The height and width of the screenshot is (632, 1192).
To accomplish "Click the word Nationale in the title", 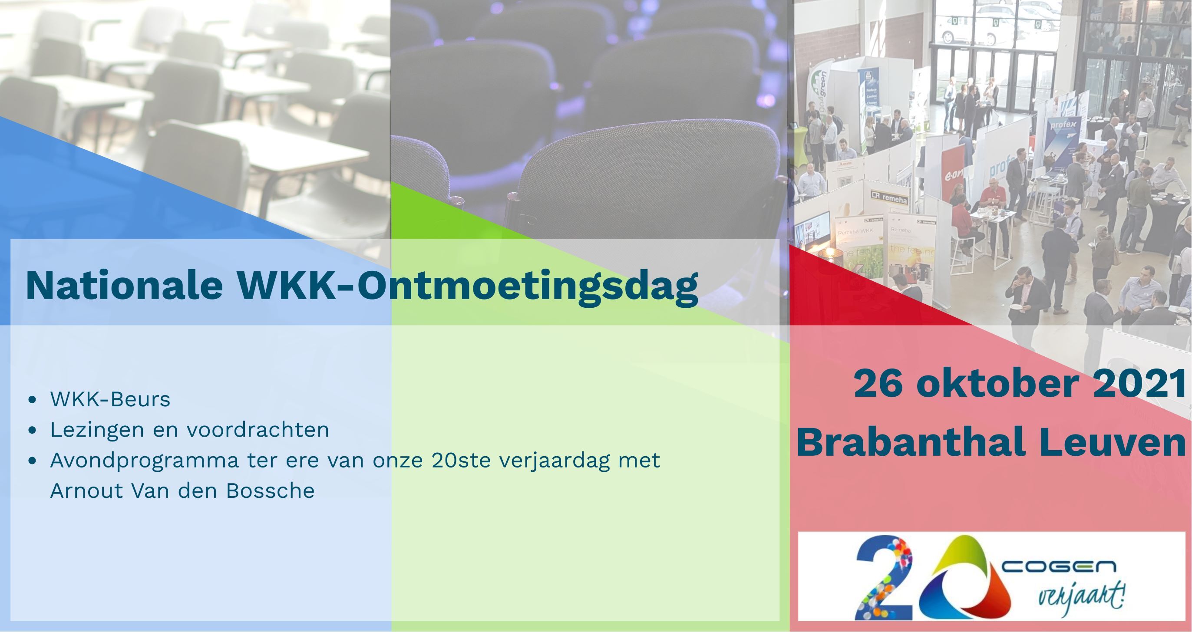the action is (124, 286).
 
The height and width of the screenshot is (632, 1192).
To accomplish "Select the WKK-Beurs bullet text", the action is (110, 399).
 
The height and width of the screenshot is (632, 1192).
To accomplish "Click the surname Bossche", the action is (270, 491).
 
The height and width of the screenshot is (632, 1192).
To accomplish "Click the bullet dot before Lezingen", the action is (32, 430).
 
